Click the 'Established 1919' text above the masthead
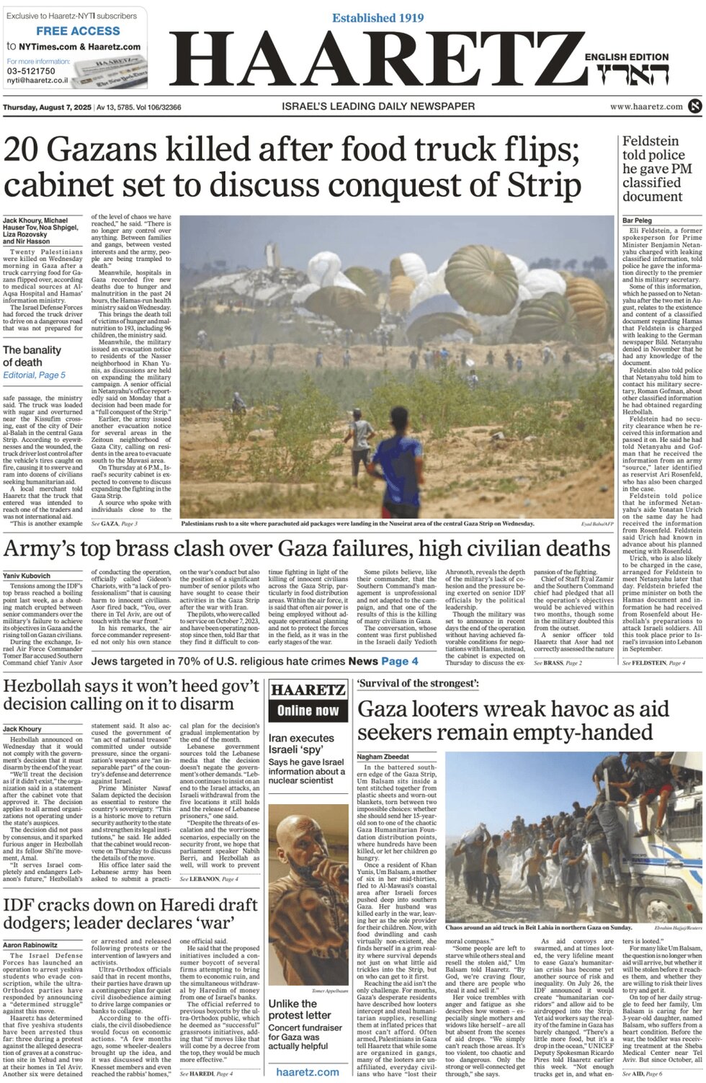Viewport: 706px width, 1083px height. [x=377, y=18]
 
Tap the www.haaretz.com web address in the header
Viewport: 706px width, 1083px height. [x=646, y=107]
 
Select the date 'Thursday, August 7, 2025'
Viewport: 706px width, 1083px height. [x=47, y=107]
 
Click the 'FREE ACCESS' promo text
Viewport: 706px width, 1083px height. [x=78, y=31]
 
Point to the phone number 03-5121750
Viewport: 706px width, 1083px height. [x=31, y=71]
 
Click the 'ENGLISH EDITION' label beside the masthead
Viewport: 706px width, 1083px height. [x=626, y=57]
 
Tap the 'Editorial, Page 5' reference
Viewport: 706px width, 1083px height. [x=34, y=375]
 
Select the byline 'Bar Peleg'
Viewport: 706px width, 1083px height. [x=637, y=220]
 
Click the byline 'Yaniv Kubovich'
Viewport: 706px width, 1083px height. [x=27, y=576]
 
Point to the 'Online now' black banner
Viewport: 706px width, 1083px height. [x=308, y=710]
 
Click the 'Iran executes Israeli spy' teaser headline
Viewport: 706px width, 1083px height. [x=301, y=744]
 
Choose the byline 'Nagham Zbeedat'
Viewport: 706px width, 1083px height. [x=383, y=757]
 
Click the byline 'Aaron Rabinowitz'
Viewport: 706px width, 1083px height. [x=30, y=945]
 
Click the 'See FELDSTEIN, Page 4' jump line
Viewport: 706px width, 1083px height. [x=653, y=663]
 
